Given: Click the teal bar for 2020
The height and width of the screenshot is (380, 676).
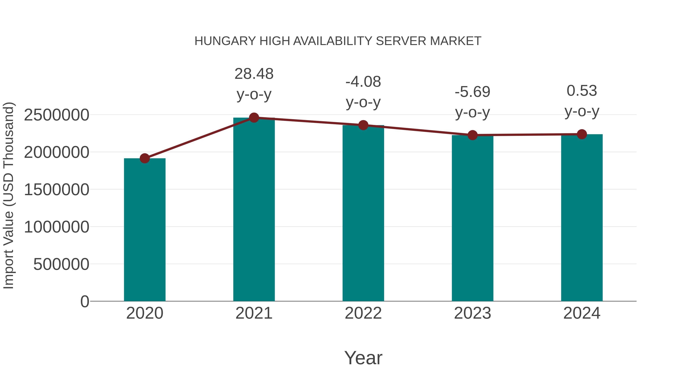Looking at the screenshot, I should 145,230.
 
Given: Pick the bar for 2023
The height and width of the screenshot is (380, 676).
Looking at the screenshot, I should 472,218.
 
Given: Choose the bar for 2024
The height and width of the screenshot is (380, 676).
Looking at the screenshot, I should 582,218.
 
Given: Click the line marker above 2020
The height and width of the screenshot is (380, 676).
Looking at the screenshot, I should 145,158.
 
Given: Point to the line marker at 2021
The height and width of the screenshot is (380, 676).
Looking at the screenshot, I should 254,118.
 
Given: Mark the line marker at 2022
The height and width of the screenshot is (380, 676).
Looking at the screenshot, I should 363,125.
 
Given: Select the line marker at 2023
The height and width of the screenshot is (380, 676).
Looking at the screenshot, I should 472,135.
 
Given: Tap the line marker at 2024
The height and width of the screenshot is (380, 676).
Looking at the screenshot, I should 582,134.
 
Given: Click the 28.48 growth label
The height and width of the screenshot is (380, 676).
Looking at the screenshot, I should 254,74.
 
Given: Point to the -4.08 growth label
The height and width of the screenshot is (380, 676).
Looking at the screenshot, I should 363,82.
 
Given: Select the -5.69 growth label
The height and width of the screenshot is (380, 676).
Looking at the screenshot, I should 472,92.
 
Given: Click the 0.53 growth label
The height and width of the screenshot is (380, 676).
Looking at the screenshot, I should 582,91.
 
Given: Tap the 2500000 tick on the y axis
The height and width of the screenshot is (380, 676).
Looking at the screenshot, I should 56,115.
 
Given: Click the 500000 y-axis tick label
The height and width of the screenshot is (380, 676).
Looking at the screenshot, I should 61,264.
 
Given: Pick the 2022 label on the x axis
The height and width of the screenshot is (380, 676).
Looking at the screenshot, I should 363,313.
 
